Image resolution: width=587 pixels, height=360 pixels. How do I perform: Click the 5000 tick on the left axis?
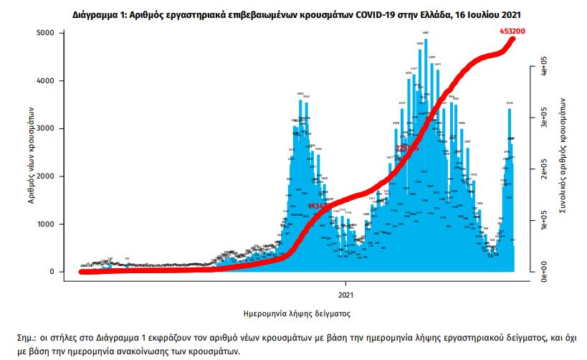click(45, 33)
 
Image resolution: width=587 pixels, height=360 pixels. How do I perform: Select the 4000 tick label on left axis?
click(45, 81)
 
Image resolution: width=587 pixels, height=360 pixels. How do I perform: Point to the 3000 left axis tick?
click(45, 128)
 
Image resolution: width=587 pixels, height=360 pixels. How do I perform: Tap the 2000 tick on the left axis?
click(45, 176)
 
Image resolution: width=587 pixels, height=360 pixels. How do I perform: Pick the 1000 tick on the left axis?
click(45, 224)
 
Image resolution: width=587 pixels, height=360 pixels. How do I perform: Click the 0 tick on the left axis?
click(52, 272)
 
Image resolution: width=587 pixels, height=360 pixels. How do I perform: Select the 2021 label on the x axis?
click(346, 295)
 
